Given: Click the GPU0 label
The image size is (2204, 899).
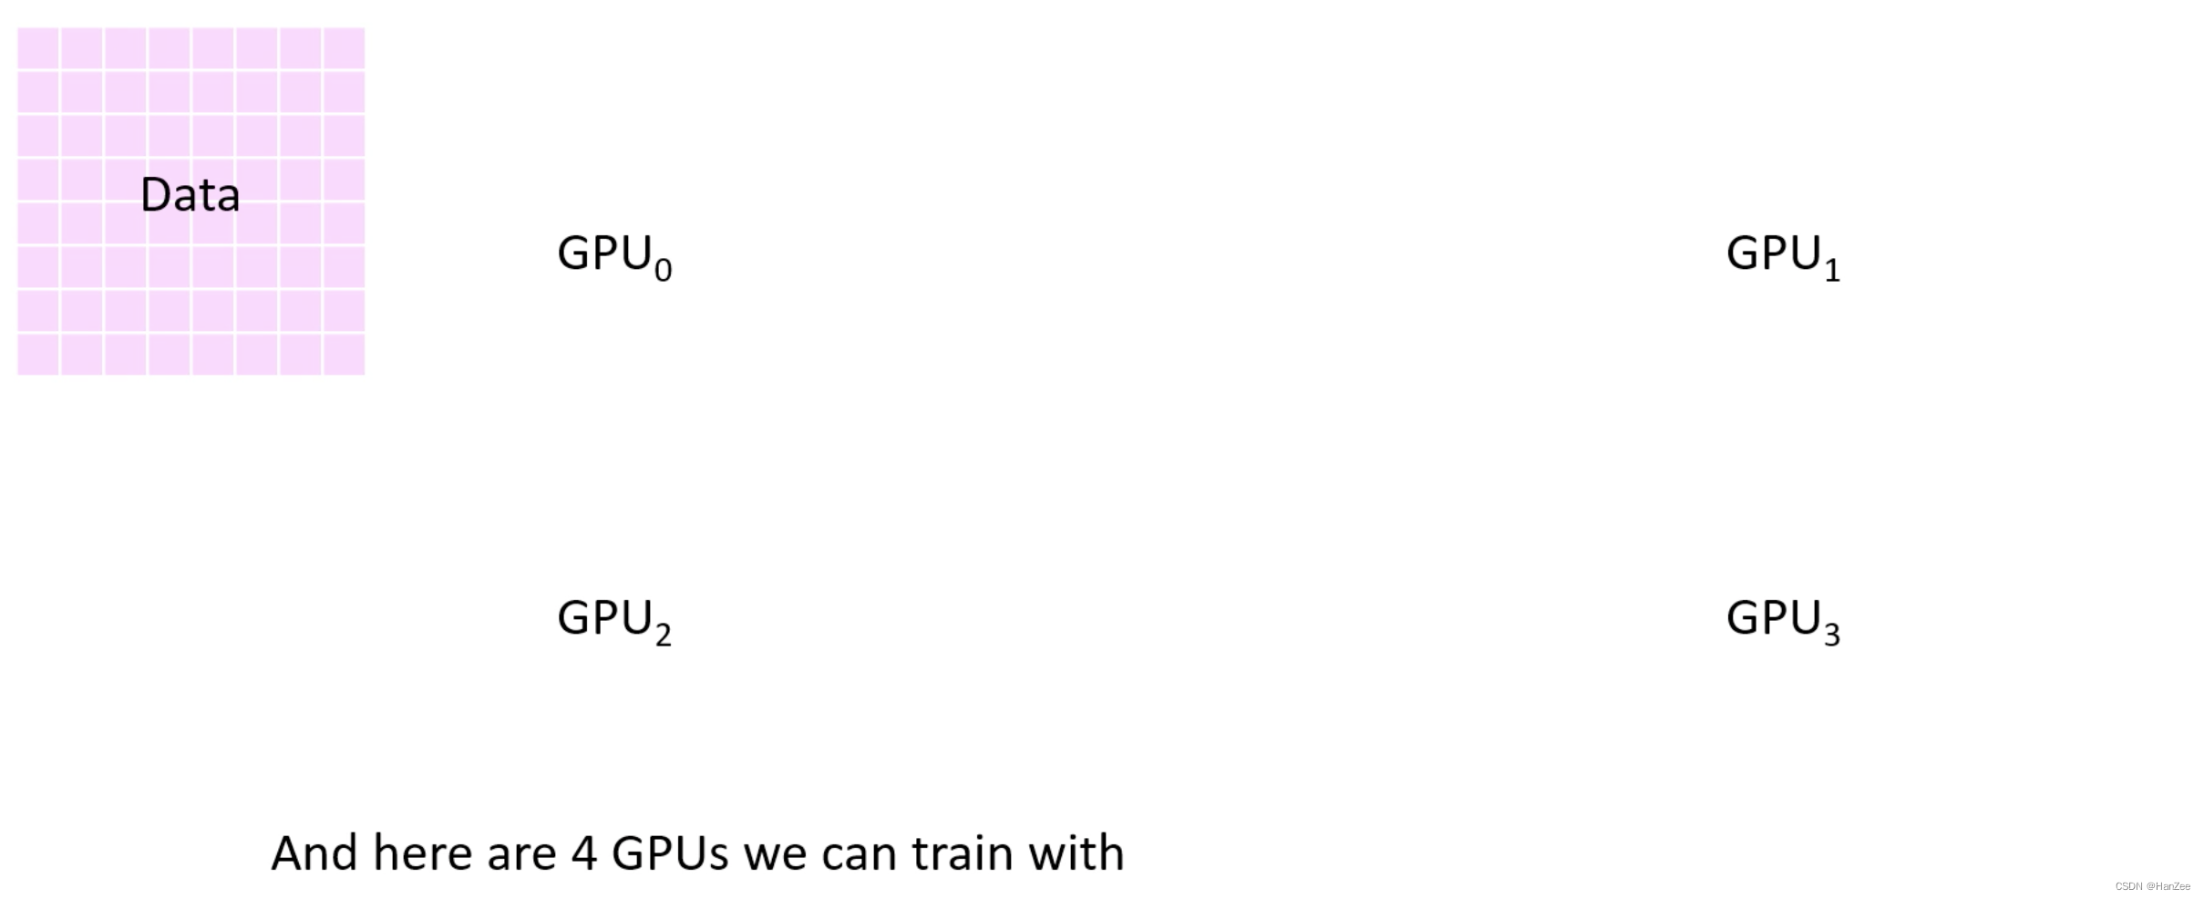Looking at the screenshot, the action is pos(613,254).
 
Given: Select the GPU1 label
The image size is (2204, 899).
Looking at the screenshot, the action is pos(1782,254).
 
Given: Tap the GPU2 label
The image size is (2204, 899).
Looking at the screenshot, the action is pos(613,619).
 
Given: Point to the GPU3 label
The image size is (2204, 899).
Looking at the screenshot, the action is pos(1782,619).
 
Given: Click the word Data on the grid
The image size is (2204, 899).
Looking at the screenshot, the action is pos(190,195).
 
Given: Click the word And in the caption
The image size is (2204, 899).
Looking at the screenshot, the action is pos(314,853).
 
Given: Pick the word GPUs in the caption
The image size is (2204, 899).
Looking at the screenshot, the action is pos(670,853).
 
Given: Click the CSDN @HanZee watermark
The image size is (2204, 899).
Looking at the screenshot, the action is pos(2152,886).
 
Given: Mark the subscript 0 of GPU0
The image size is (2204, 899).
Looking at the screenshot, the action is pos(663,270).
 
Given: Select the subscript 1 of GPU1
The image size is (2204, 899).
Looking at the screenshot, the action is pos(1832,270).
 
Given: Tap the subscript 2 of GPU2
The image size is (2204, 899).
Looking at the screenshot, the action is pos(663,635).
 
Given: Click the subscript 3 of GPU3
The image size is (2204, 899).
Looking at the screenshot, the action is pos(1832,635).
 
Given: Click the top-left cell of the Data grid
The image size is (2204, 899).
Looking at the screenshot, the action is pos(38,47).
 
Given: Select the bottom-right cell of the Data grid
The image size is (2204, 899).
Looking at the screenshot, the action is pos(344,354).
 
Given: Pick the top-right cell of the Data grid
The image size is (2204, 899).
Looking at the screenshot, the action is pos(344,47).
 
